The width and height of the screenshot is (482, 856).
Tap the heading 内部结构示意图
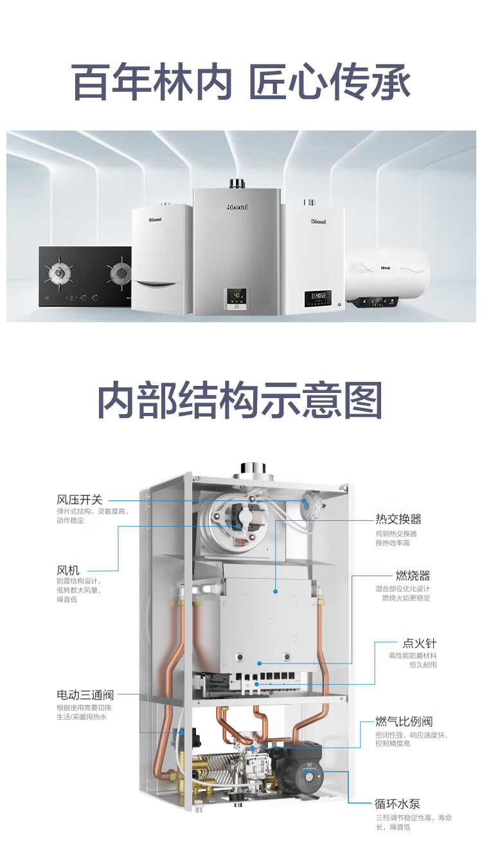click(x=240, y=400)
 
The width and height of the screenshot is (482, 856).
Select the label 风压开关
click(x=80, y=500)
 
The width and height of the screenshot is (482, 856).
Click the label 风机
click(x=68, y=570)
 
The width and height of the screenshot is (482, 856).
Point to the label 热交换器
click(x=398, y=519)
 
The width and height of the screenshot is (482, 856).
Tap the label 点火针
click(x=420, y=644)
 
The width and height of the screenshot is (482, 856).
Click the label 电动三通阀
click(x=85, y=695)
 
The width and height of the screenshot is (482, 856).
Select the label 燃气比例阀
click(x=404, y=722)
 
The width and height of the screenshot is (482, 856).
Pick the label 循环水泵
click(x=398, y=803)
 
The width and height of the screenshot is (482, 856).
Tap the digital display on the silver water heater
click(x=237, y=296)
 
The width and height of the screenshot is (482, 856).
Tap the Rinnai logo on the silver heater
click(x=237, y=207)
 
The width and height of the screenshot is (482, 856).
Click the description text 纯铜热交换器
click(x=397, y=534)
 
